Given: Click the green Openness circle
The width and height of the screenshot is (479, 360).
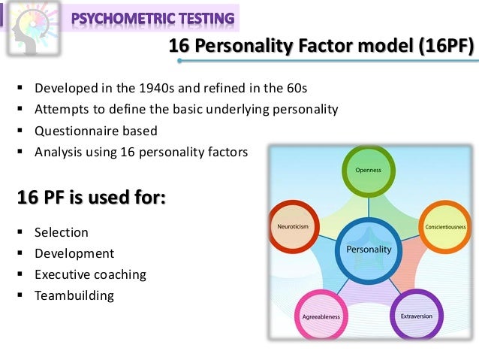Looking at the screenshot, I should click(369, 170).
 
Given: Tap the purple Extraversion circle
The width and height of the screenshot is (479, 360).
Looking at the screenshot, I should click(416, 316).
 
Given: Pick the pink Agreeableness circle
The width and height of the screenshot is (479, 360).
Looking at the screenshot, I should click(321, 316).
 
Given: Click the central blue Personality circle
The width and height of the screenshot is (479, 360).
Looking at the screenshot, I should click(369, 249).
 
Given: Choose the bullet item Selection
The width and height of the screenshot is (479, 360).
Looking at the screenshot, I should click(62, 232).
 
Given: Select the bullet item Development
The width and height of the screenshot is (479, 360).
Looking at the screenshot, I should click(74, 253).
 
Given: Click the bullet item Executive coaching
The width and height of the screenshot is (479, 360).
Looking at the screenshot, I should click(90, 274).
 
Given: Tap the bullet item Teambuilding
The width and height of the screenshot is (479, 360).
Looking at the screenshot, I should click(74, 295).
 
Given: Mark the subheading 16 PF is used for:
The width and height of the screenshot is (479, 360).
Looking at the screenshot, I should click(92, 199).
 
